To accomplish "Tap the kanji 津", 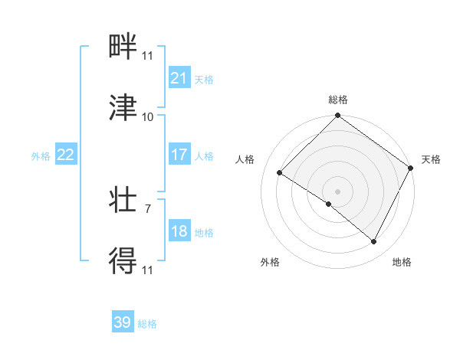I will click(123, 108).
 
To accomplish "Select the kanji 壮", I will click(123, 201).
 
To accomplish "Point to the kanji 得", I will click(123, 261).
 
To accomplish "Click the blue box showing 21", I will click(179, 78).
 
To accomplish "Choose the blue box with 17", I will click(179, 155).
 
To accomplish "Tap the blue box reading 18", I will click(179, 231).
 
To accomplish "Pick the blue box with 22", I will click(66, 155).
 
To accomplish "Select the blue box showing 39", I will click(123, 322).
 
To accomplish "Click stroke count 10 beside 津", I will click(148, 117).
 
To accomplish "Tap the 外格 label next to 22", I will click(41, 155).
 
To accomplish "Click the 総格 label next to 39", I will click(147, 324).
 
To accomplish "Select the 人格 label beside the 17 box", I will click(204, 155).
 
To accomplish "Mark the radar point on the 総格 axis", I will click(337, 116).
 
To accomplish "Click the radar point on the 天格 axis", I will click(410, 168).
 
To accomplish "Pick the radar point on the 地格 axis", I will click(374, 242).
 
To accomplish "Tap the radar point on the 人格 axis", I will click(280, 172).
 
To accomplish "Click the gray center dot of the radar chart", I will click(337, 191).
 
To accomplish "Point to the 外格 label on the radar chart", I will click(270, 262).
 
